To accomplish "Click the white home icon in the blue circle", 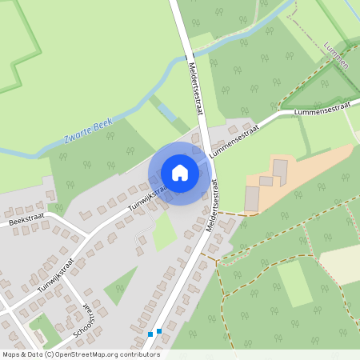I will pyautogui.click(x=179, y=173).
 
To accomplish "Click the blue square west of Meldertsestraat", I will pyautogui.click(x=150, y=334).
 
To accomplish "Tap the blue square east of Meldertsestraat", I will pyautogui.click(x=159, y=330).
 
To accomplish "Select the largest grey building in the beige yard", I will pyautogui.click(x=252, y=198).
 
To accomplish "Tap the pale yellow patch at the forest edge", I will pyautogui.click(x=339, y=264).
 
